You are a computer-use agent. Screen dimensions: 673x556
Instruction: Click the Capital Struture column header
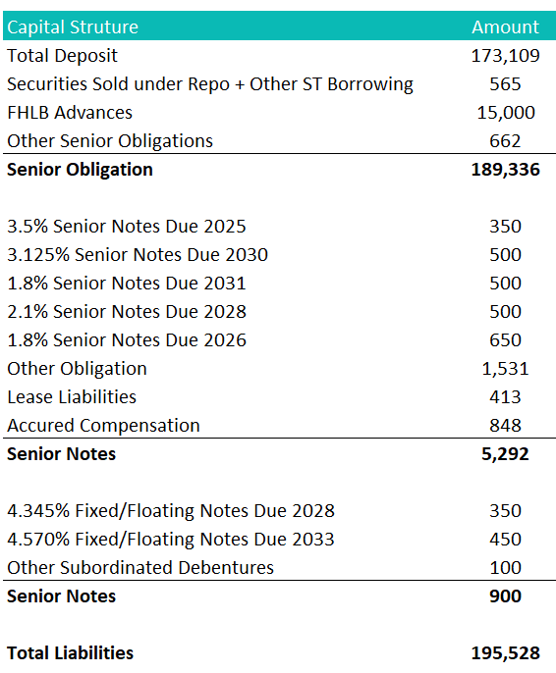[73, 26]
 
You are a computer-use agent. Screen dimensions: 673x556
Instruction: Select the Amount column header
[505, 26]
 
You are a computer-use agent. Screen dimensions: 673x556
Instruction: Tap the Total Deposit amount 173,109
[505, 56]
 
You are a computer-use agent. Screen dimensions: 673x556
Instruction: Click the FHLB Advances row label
[70, 113]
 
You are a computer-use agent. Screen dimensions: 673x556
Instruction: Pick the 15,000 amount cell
[505, 113]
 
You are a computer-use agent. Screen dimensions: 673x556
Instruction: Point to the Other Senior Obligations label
[110, 141]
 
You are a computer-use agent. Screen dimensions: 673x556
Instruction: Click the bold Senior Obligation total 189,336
[505, 170]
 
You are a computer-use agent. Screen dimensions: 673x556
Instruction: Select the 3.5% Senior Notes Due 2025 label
[127, 227]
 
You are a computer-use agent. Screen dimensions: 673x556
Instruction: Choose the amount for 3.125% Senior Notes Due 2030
[505, 255]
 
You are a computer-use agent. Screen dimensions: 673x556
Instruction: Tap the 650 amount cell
[505, 340]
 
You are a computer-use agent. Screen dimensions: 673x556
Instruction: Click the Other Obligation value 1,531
[505, 369]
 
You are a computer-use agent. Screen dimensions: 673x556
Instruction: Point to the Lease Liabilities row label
[72, 397]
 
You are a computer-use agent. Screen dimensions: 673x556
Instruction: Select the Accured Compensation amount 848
[505, 426]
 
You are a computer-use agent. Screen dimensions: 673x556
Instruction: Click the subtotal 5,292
[505, 454]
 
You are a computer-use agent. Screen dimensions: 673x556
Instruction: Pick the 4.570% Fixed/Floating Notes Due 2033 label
[171, 540]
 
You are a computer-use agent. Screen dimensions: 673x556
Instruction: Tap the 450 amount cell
[505, 540]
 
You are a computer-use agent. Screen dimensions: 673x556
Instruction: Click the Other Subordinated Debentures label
[140, 568]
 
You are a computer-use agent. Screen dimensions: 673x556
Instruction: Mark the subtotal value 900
[505, 596]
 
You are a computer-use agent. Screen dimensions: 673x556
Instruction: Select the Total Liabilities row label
[71, 653]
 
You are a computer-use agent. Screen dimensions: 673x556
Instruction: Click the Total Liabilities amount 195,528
[505, 653]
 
